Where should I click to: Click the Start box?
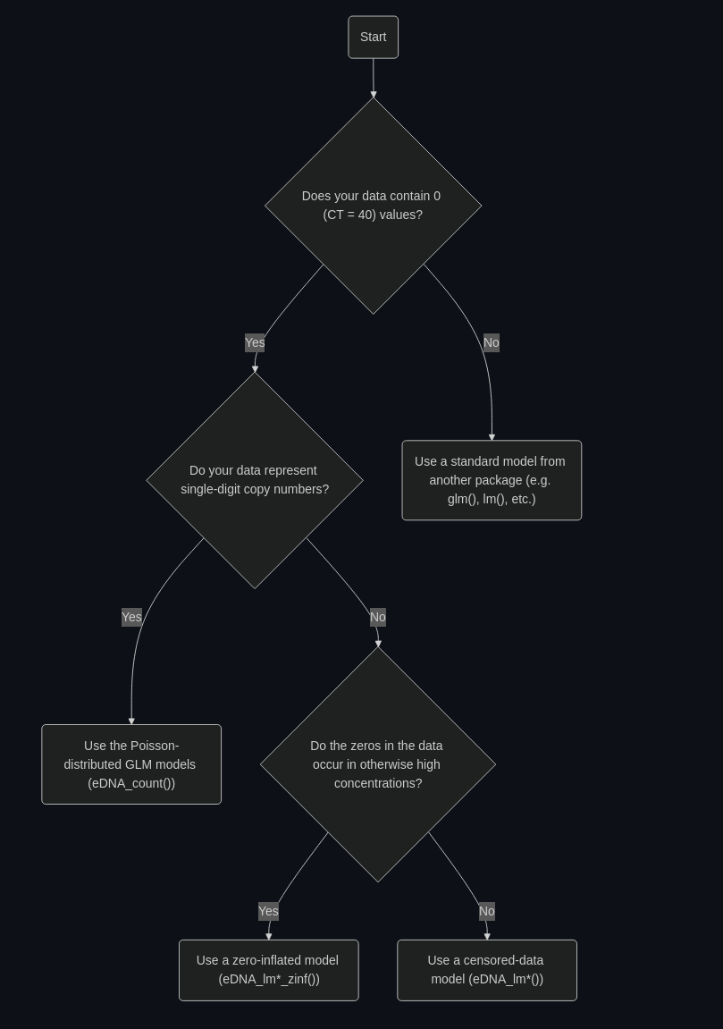click(x=373, y=38)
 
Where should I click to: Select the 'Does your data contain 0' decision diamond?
click(x=374, y=206)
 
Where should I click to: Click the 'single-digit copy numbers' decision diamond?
click(x=255, y=480)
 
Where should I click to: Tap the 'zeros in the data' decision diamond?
click(x=378, y=764)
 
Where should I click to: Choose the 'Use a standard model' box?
click(x=492, y=480)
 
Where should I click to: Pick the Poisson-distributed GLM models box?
click(x=131, y=764)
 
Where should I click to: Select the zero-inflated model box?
click(x=269, y=971)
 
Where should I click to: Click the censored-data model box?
click(x=487, y=971)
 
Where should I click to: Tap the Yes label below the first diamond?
click(x=255, y=342)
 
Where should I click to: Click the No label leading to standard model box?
click(x=492, y=342)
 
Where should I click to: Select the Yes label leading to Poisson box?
click(x=132, y=617)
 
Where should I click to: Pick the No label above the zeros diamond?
click(x=378, y=617)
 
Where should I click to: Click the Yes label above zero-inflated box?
click(x=268, y=911)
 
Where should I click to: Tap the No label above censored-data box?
click(x=487, y=911)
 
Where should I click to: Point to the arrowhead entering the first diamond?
click(x=374, y=95)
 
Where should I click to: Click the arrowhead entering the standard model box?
click(x=492, y=437)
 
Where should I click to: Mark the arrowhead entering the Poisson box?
click(x=131, y=721)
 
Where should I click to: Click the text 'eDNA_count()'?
click(x=131, y=783)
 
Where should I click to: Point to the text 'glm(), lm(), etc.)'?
click(x=492, y=500)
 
